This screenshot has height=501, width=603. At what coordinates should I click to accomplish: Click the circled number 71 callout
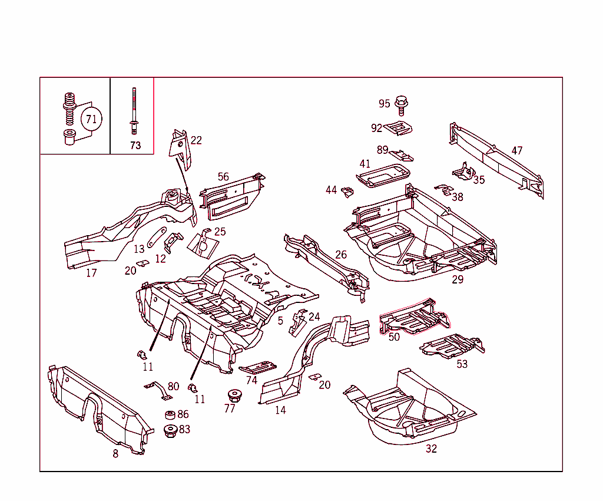91,119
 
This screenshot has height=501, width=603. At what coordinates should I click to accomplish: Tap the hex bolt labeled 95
402,104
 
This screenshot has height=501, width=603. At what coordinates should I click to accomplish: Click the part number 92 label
376,128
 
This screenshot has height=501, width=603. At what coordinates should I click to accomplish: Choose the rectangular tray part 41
383,175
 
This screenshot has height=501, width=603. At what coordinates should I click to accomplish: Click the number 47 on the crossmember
516,151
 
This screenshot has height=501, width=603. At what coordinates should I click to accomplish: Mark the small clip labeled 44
348,192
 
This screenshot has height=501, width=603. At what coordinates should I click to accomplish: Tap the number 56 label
223,177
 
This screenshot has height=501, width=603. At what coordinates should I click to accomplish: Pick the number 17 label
91,273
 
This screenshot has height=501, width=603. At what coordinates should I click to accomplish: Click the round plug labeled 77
234,394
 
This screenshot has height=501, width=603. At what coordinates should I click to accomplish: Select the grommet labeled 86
170,415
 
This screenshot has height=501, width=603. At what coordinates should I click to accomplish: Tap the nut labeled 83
171,430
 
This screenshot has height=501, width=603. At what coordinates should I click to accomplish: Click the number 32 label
431,449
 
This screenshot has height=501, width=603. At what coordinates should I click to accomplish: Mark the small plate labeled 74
258,367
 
